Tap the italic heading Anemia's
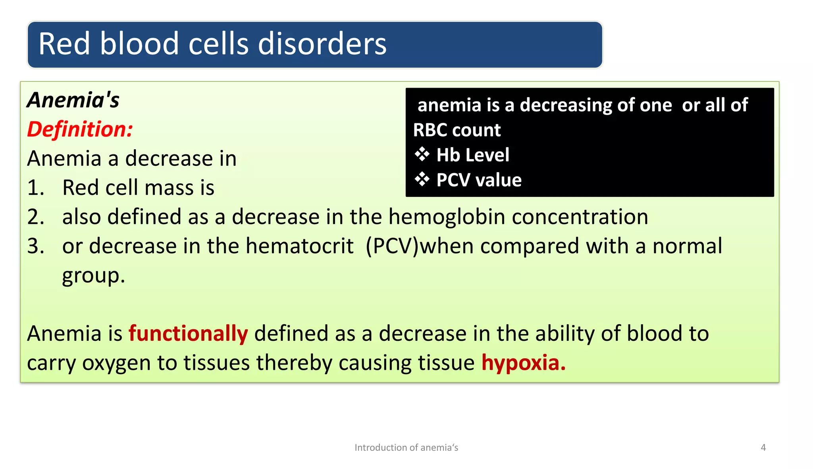[73, 100]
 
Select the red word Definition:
[80, 129]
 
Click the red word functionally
[188, 333]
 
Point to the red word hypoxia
[523, 363]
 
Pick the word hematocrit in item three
[299, 246]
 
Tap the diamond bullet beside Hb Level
[422, 155]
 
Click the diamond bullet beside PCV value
[422, 180]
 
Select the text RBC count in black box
[457, 130]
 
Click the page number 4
[763, 448]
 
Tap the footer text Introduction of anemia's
[406, 448]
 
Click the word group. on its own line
[93, 276]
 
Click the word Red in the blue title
[64, 44]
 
